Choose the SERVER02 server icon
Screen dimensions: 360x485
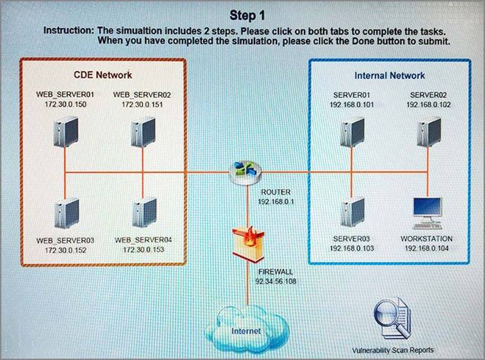(428, 134)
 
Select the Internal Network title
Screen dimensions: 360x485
(389, 76)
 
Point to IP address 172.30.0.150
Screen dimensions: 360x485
(66, 104)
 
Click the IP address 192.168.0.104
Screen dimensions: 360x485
(426, 247)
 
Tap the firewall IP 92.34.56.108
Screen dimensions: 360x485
(276, 280)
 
